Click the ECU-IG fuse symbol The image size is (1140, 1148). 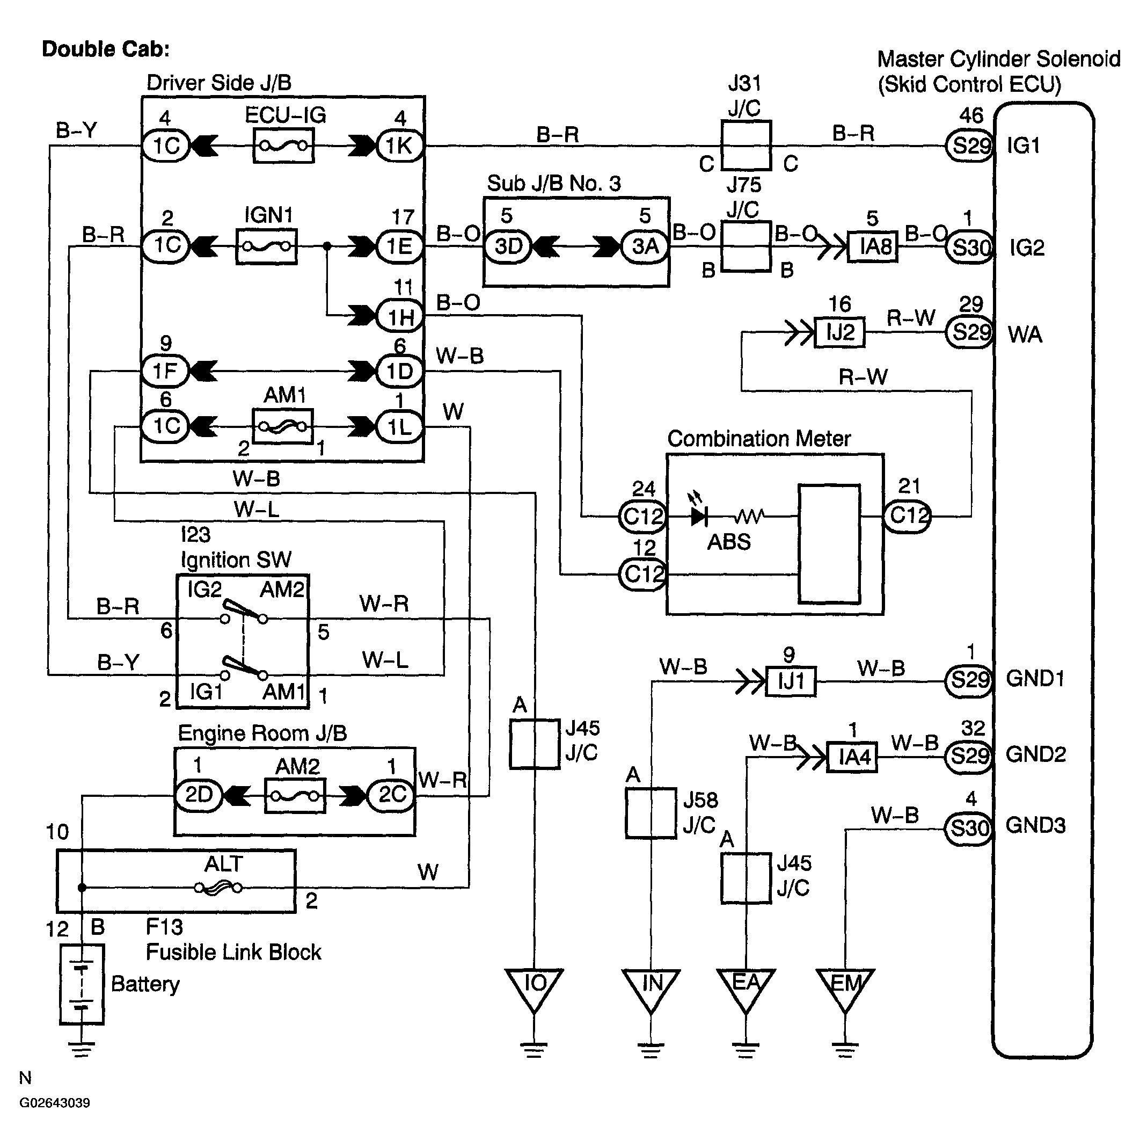click(x=283, y=146)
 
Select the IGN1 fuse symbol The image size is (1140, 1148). click(x=266, y=246)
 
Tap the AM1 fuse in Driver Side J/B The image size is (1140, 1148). click(x=283, y=426)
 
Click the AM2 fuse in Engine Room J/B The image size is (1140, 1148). click(x=295, y=796)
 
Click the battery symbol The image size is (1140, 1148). click(x=82, y=984)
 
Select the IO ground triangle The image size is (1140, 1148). click(x=534, y=990)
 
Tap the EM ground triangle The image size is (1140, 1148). click(x=844, y=990)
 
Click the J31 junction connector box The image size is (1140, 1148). click(x=746, y=146)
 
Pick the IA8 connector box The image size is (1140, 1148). click(x=872, y=246)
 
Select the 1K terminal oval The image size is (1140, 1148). click(x=400, y=146)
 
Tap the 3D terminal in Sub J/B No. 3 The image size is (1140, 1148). click(x=508, y=246)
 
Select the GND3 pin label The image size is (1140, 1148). click(x=1035, y=825)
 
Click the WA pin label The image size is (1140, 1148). click(x=1025, y=335)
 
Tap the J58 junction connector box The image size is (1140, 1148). click(x=651, y=813)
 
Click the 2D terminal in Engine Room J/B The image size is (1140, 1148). click(x=199, y=795)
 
